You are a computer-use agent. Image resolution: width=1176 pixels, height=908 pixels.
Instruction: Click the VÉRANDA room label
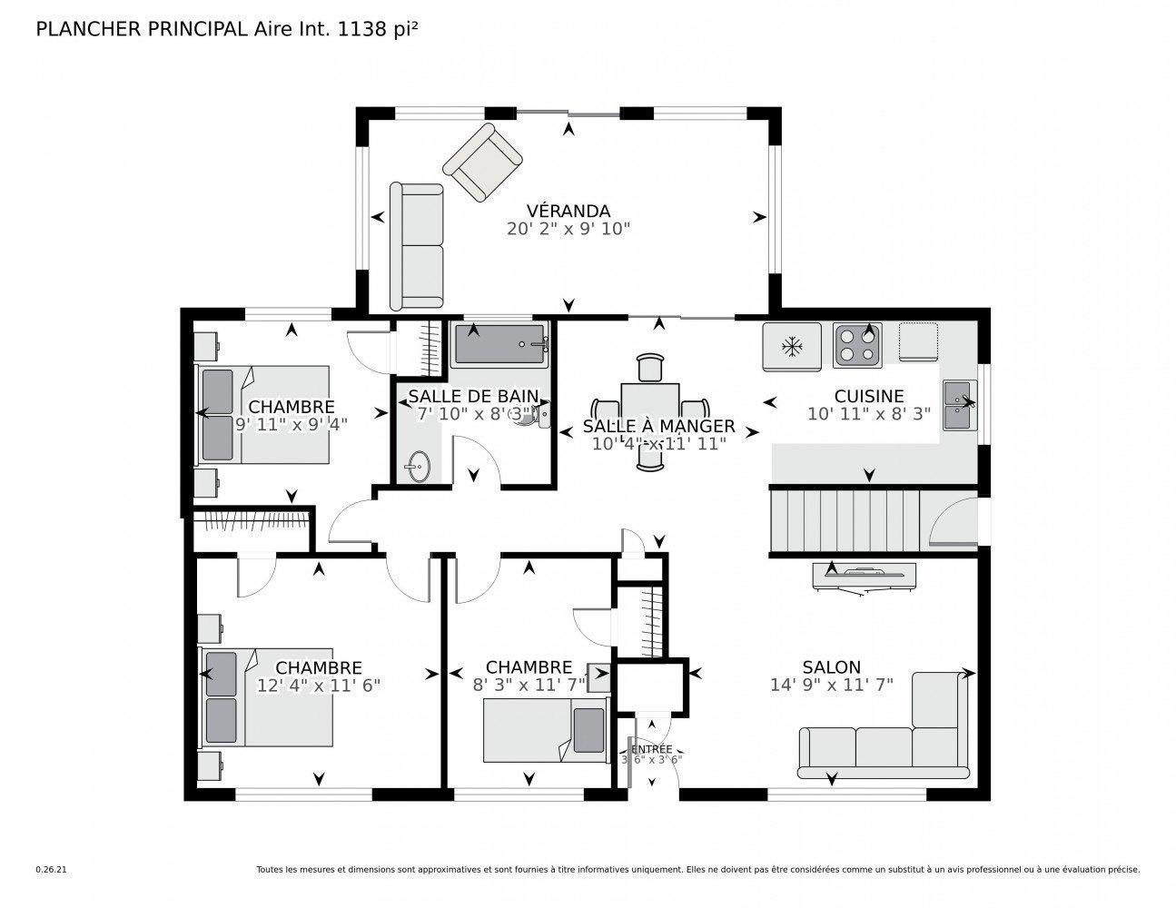tap(568, 212)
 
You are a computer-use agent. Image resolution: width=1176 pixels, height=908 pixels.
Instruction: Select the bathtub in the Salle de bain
tap(500, 345)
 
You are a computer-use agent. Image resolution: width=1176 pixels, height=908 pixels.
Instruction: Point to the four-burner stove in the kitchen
tap(857, 345)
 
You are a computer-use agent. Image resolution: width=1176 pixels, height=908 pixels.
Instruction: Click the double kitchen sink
tap(958, 405)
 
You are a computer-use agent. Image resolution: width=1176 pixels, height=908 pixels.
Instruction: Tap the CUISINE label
tap(869, 396)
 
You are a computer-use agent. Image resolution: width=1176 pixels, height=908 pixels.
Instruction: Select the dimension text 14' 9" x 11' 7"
tap(831, 685)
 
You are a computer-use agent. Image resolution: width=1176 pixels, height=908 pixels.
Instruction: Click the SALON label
tap(831, 667)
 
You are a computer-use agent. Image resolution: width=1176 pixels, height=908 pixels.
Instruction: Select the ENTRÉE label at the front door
tap(650, 748)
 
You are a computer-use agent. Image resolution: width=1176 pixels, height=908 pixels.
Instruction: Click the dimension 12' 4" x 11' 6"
tap(319, 686)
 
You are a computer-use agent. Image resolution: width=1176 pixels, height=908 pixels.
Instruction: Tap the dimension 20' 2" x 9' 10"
tap(568, 229)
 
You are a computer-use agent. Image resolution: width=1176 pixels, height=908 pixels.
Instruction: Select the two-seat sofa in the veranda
tap(416, 246)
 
